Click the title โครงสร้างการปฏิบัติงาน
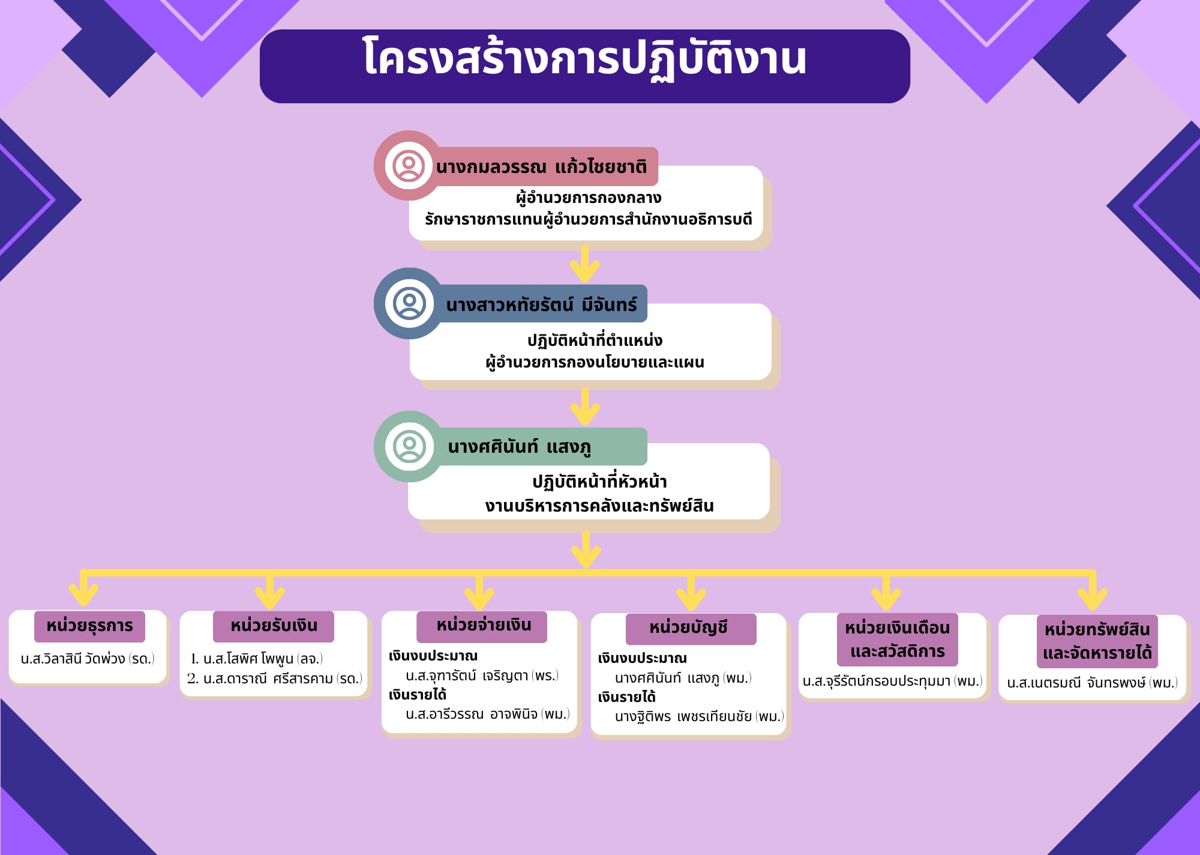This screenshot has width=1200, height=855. point(584,59)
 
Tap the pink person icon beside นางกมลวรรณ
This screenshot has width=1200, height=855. point(409,166)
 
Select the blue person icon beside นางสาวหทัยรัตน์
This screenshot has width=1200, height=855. point(409,303)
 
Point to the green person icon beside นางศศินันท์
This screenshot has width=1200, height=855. point(409,446)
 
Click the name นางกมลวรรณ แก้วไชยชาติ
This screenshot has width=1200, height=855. point(541,166)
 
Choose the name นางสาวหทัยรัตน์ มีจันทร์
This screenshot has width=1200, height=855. point(541,304)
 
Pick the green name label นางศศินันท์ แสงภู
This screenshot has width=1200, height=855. point(520,447)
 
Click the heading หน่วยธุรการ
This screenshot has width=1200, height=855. point(89,626)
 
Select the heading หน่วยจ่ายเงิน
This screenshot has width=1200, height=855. point(484,626)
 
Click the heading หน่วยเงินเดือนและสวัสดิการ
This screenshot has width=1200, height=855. point(897,639)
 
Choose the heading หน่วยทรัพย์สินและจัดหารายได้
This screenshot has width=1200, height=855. point(1097,641)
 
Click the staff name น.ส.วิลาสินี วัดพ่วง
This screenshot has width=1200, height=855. point(88,659)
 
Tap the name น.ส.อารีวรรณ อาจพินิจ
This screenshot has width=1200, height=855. point(487,714)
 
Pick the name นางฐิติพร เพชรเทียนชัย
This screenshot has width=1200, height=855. point(699,716)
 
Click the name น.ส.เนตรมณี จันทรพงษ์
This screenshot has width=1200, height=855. point(1092,683)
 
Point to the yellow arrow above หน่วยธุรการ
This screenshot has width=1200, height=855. point(83,589)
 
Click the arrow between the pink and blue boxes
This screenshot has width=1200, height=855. point(585,264)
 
